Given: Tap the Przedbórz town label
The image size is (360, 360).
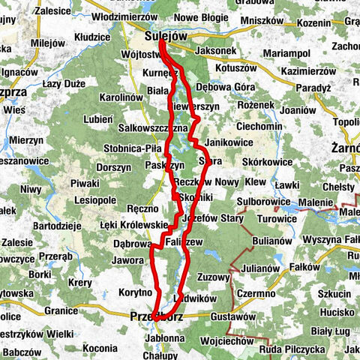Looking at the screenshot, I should coord(155,317).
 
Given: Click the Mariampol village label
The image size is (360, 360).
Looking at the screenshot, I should coord(289,54).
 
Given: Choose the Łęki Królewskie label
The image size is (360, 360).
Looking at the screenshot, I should coord(133,224).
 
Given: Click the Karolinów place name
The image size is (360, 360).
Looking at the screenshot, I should coord(121,97).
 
